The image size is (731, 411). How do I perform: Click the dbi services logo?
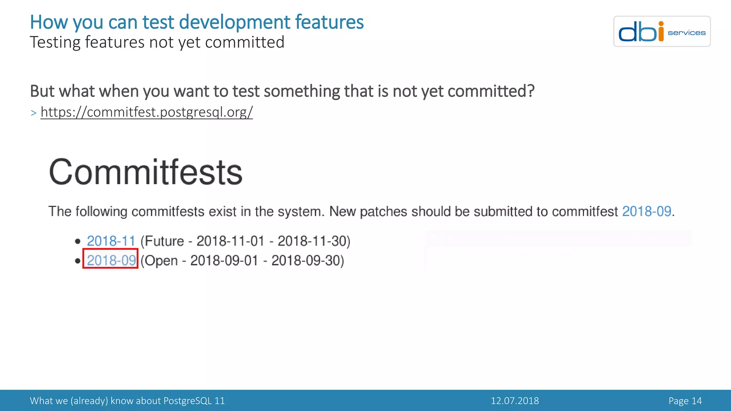(x=662, y=31)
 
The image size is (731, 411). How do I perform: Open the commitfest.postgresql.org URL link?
(x=147, y=112)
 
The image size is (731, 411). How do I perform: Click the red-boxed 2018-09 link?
(x=111, y=260)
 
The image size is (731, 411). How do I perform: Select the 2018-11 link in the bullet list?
(x=111, y=241)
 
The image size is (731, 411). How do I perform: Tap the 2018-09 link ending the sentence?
(x=646, y=211)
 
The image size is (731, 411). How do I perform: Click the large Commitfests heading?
(x=146, y=172)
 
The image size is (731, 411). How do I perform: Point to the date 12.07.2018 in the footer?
(x=515, y=401)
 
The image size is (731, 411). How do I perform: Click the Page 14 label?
(x=685, y=401)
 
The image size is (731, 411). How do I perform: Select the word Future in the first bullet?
(x=164, y=241)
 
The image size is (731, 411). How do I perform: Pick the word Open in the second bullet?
(x=161, y=260)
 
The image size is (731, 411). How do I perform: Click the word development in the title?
(x=235, y=22)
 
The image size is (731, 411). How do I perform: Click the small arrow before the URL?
(x=34, y=113)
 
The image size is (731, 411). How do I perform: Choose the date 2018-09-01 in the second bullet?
(x=224, y=260)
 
